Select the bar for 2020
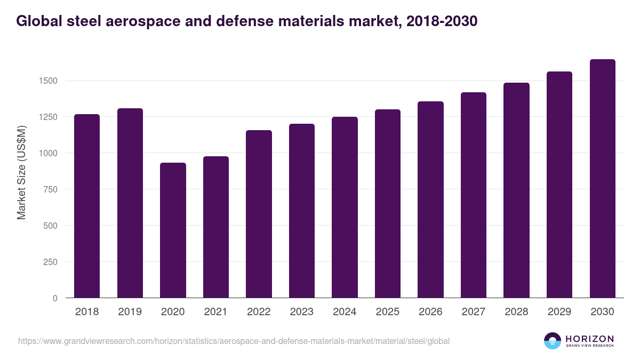pyautogui.click(x=173, y=230)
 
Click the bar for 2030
pyautogui.click(x=602, y=179)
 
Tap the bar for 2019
pyautogui.click(x=130, y=203)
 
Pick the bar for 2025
pyautogui.click(x=387, y=204)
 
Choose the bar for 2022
pyautogui.click(x=259, y=214)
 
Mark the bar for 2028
pyautogui.click(x=516, y=190)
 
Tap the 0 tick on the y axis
pyautogui.click(x=55, y=298)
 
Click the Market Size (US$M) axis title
pyautogui.click(x=21, y=172)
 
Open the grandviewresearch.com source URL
pyautogui.click(x=234, y=341)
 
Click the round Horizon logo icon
pyautogui.click(x=553, y=341)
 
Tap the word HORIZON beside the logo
pyautogui.click(x=589, y=338)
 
